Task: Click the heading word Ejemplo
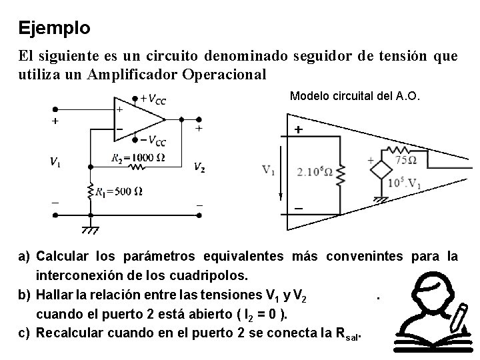[x=55, y=28]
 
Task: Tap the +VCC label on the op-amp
[x=153, y=99]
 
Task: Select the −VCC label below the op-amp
[x=153, y=141]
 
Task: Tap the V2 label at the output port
[x=199, y=167]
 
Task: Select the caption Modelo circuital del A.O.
[x=355, y=95]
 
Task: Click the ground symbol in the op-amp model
[x=382, y=199]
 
